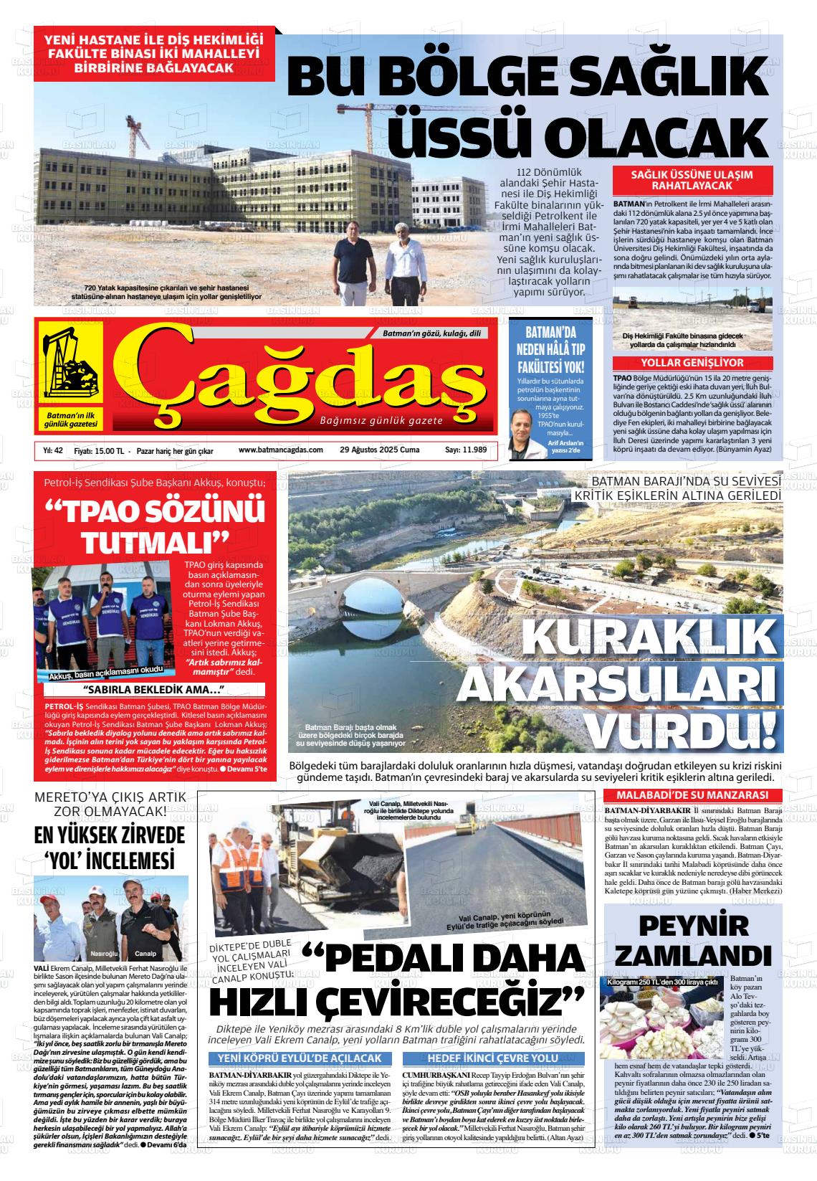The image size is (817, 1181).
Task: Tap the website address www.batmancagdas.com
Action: [x=281, y=450]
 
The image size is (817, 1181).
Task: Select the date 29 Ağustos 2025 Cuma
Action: [x=380, y=450]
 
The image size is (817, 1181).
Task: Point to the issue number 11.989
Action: [x=466, y=450]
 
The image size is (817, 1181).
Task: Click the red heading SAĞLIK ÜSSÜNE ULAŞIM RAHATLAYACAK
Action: [x=692, y=179]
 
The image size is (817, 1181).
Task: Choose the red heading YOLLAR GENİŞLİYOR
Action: [x=692, y=363]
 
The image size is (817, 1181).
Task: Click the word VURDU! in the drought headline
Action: [x=688, y=729]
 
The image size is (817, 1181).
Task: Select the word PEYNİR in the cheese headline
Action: [x=693, y=925]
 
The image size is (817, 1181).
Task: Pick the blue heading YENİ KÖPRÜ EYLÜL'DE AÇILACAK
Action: [x=300, y=1058]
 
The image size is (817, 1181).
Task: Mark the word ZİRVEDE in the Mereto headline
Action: [x=148, y=836]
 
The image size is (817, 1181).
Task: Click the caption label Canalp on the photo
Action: [x=145, y=954]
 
